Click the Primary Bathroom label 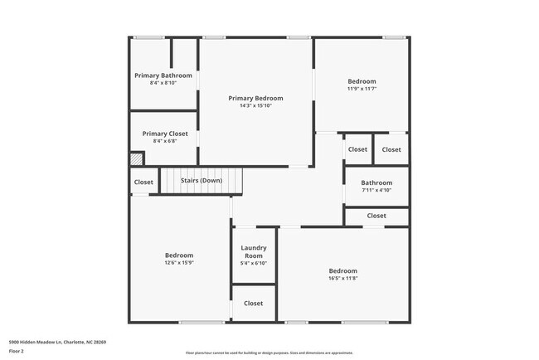coord(163,75)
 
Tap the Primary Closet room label coord(165,134)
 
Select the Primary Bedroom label coord(255,99)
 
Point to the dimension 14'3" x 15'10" coord(255,106)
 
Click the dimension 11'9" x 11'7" coord(362,89)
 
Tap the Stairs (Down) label coord(202,181)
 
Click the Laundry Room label coord(253,252)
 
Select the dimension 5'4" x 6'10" coord(253,264)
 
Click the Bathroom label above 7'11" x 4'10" coord(376,182)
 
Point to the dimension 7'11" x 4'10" coord(376,191)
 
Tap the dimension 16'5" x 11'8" coord(342,280)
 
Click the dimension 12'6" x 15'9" coord(178,263)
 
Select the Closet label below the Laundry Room coord(253,304)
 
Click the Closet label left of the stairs coord(143,182)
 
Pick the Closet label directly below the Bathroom coord(376,216)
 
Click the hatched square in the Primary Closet coord(137,158)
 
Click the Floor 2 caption coord(17,352)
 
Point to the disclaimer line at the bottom coord(269,353)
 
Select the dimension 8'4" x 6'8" coord(165,141)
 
